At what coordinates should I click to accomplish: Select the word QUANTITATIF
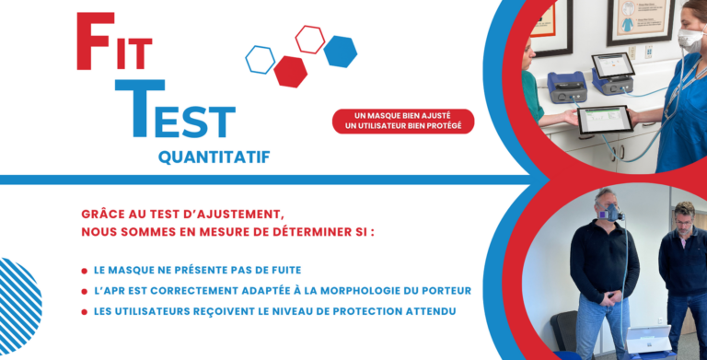[x=214, y=157]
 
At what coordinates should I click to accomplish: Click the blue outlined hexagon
[x=260, y=60]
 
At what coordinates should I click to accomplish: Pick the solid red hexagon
[x=291, y=71]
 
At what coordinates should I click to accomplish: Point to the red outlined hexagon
[x=309, y=40]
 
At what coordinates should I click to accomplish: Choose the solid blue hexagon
[x=340, y=52]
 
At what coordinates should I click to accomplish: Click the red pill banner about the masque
[x=404, y=121]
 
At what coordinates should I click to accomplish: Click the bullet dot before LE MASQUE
[x=85, y=271]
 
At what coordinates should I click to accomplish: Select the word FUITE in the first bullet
[x=282, y=271]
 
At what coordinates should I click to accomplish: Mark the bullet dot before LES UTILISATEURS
[x=85, y=311]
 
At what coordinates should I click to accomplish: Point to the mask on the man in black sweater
[x=608, y=215]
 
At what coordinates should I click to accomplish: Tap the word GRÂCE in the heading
[x=103, y=213]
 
